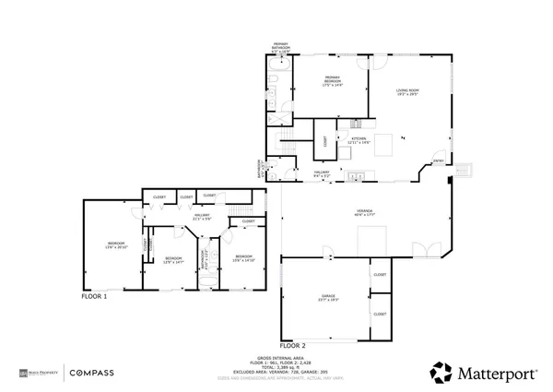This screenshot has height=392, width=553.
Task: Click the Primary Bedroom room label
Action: pyautogui.click(x=333, y=81)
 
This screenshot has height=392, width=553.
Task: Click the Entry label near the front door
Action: pyautogui.click(x=439, y=162)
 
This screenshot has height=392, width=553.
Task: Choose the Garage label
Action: pyautogui.click(x=329, y=298)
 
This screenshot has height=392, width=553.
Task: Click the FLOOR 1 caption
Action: pyautogui.click(x=95, y=297)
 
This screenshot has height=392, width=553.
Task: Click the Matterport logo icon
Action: pyautogui.click(x=441, y=373)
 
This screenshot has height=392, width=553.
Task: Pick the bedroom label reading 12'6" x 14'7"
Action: pyautogui.click(x=174, y=260)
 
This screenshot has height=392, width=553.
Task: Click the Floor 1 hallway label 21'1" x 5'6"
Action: pyautogui.click(x=202, y=218)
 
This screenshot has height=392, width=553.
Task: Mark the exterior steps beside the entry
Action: pyautogui.click(x=465, y=170)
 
